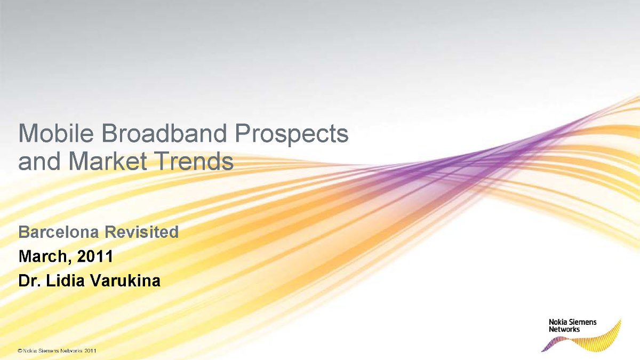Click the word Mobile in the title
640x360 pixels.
(x=56, y=133)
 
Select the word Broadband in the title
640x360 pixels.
(x=164, y=133)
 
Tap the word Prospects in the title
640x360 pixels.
(x=292, y=135)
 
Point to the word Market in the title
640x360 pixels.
(x=108, y=161)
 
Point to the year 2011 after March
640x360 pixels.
(x=94, y=256)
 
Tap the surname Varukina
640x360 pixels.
(x=125, y=281)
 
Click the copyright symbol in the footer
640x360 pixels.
(x=20, y=351)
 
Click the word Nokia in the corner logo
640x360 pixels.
(x=556, y=322)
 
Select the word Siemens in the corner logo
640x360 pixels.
(x=581, y=322)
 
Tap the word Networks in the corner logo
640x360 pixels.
(x=564, y=330)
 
